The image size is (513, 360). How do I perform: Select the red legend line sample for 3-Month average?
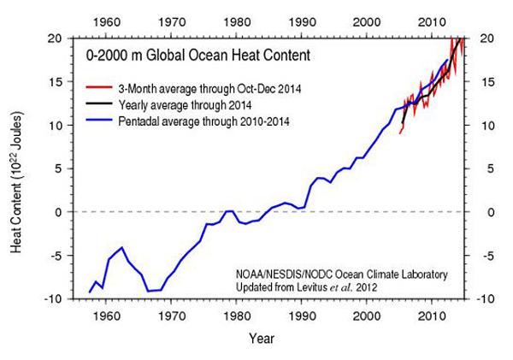[99, 87]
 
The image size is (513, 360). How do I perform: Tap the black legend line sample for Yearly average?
[99, 104]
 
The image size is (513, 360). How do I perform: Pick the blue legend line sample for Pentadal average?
[99, 122]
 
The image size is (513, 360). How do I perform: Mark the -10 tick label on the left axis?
[52, 298]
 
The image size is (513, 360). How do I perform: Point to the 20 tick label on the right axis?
[485, 38]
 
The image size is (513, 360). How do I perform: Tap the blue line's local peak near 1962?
[122, 247]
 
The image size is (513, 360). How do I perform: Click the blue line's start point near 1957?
[89, 292]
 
